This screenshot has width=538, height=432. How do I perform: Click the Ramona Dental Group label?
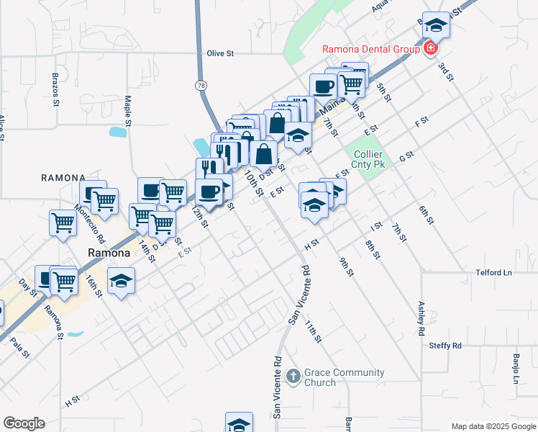[x=370, y=49]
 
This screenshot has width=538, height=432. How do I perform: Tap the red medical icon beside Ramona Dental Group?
[x=430, y=49]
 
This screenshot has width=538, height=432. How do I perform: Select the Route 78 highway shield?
[x=200, y=85]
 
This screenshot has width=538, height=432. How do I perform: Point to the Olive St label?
[x=221, y=53]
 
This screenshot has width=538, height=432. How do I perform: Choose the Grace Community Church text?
[x=344, y=377]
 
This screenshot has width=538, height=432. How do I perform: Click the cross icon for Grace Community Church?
[x=293, y=376]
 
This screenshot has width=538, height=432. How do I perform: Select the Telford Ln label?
[x=493, y=273]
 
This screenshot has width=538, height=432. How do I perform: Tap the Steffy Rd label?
[x=445, y=346]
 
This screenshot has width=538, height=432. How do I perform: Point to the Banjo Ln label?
[x=516, y=368]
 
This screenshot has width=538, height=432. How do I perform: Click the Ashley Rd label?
[x=421, y=319]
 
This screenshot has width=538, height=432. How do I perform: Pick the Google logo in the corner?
[x=24, y=423]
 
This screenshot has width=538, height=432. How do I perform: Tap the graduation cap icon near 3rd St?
[x=435, y=27]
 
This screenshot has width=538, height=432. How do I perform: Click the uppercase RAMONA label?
[x=63, y=177]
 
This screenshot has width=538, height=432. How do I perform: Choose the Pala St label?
[x=21, y=346]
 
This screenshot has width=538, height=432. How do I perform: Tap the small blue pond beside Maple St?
[x=117, y=132]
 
